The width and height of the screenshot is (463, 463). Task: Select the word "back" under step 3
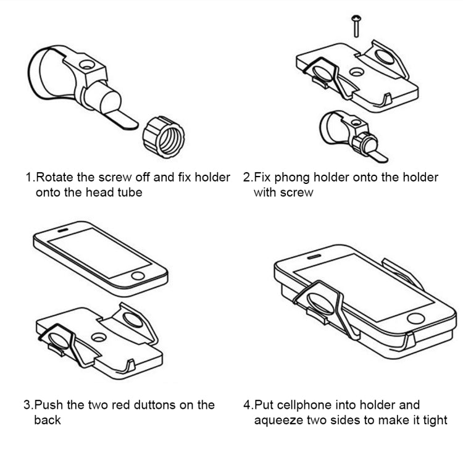click(x=48, y=421)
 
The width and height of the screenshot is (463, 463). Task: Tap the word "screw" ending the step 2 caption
click(x=298, y=193)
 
